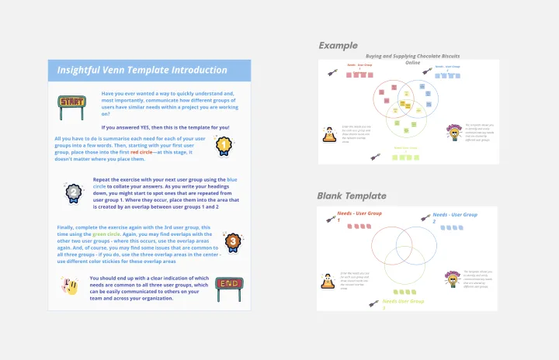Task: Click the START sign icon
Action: click(72, 102)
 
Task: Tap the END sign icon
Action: click(228, 285)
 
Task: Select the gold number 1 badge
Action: click(223, 144)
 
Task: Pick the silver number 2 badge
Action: click(73, 191)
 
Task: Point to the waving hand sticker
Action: click(71, 286)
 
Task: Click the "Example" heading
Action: click(338, 46)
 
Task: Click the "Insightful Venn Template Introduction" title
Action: click(142, 70)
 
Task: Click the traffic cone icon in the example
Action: click(328, 135)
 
